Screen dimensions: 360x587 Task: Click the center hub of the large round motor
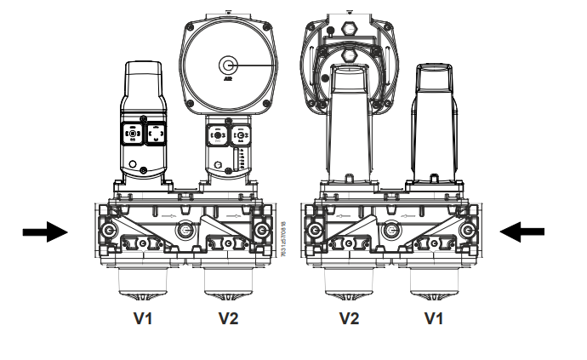click(227, 65)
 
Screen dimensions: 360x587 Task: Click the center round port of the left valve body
click(185, 230)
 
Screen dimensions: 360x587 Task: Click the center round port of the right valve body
click(390, 230)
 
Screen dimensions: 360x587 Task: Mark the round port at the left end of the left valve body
click(109, 231)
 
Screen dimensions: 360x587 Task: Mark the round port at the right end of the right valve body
click(467, 231)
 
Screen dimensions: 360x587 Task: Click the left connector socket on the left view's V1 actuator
click(134, 134)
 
